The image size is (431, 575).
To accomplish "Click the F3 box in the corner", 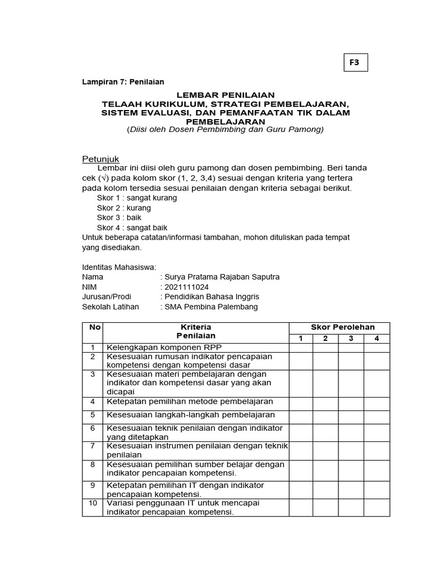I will pyautogui.click(x=355, y=63).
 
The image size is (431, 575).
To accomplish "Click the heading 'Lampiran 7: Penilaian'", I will pyautogui.click(x=123, y=82).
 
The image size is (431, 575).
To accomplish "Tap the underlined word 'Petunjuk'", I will pyautogui.click(x=101, y=159).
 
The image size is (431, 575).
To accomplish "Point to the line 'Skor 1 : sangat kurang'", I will pyautogui.click(x=137, y=198).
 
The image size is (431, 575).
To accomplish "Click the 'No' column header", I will pyautogui.click(x=93, y=327).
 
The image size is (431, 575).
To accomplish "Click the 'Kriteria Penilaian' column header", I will pyautogui.click(x=196, y=331).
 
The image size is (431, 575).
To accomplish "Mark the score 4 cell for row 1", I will pyautogui.click(x=377, y=348).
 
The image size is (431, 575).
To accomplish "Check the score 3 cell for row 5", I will pyautogui.click(x=351, y=416).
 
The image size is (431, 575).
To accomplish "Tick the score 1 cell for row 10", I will pyautogui.click(x=301, y=508).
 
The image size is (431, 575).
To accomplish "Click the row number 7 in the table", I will pyautogui.click(x=93, y=445).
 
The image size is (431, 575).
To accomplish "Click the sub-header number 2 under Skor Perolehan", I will pyautogui.click(x=325, y=338).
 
